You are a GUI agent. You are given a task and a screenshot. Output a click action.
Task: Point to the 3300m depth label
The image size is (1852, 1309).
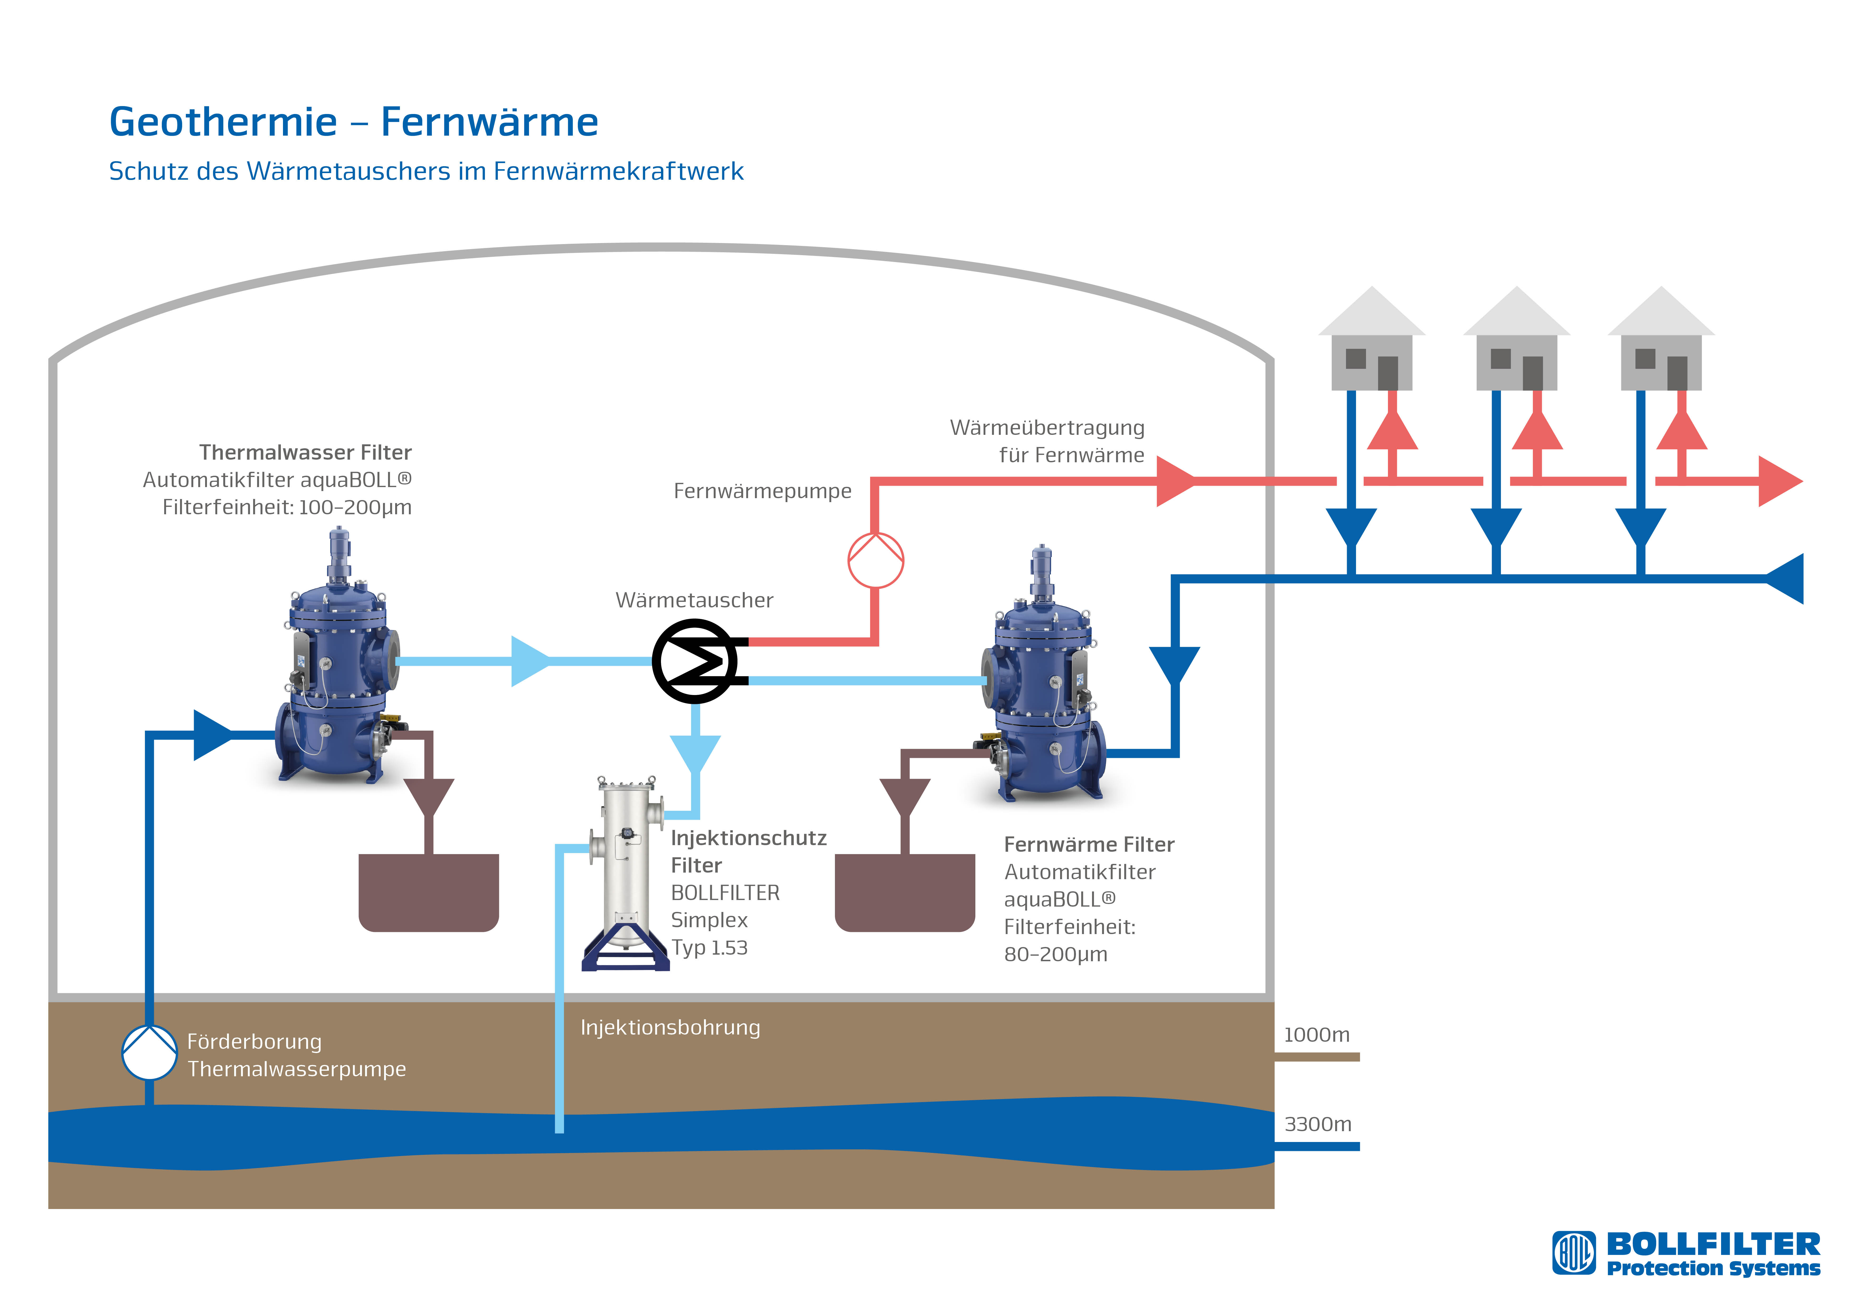[x=1317, y=1124]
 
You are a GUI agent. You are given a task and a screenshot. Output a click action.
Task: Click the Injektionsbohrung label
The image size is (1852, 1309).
[x=669, y=1027]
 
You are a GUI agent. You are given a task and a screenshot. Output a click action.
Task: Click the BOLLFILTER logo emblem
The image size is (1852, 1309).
[x=1574, y=1253]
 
